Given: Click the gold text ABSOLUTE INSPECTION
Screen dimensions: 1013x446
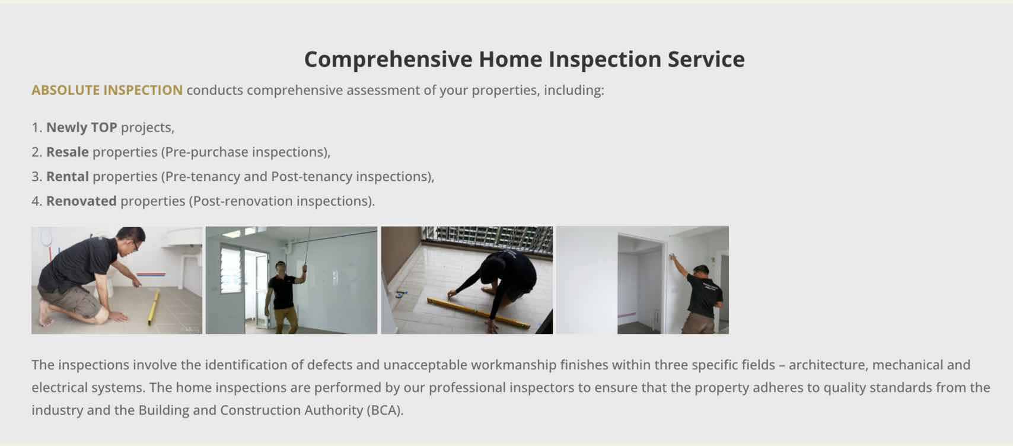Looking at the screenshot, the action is coord(107,90).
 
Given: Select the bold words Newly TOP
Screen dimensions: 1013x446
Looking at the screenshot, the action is coord(82,128).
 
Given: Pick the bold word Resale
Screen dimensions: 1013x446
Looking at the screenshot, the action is coord(68,152).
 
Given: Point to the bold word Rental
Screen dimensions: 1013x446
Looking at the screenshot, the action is coord(68,176).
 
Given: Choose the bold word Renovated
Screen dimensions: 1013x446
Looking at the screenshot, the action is coord(81,201).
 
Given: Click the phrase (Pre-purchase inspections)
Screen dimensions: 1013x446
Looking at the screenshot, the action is coord(245,152).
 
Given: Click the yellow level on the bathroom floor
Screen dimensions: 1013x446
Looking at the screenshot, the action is coord(154,307).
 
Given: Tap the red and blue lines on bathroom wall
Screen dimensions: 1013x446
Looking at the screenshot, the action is coord(151,274).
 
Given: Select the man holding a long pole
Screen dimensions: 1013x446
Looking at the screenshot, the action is coord(283,297).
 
